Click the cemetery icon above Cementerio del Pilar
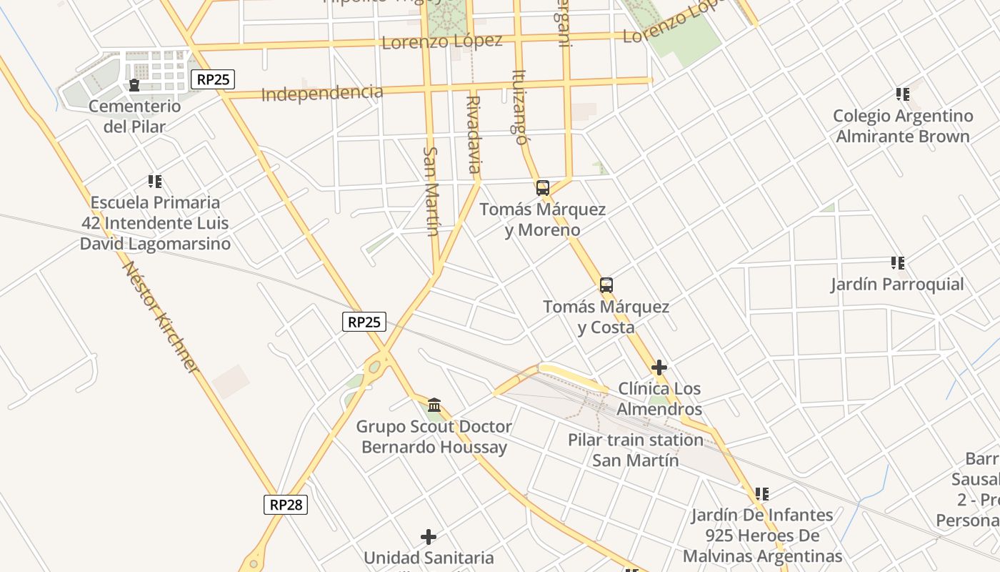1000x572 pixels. [134, 86]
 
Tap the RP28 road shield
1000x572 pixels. [286, 504]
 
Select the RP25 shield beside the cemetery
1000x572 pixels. [213, 79]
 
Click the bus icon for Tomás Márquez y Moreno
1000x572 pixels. [542, 188]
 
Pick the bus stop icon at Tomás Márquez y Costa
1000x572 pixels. [606, 285]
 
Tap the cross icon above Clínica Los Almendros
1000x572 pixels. [659, 368]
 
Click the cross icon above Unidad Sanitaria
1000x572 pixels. [429, 536]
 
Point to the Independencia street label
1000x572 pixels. [322, 93]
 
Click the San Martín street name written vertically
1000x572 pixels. [431, 191]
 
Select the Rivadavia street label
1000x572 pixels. [473, 134]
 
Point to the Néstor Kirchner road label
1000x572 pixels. [161, 317]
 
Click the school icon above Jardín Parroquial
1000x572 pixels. [898, 263]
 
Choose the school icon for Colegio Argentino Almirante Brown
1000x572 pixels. [903, 94]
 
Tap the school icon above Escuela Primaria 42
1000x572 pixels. [155, 182]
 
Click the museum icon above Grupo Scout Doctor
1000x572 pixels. [434, 405]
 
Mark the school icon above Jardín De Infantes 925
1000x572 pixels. [762, 493]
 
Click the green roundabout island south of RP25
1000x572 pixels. [374, 368]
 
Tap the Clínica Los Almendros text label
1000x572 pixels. [659, 399]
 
